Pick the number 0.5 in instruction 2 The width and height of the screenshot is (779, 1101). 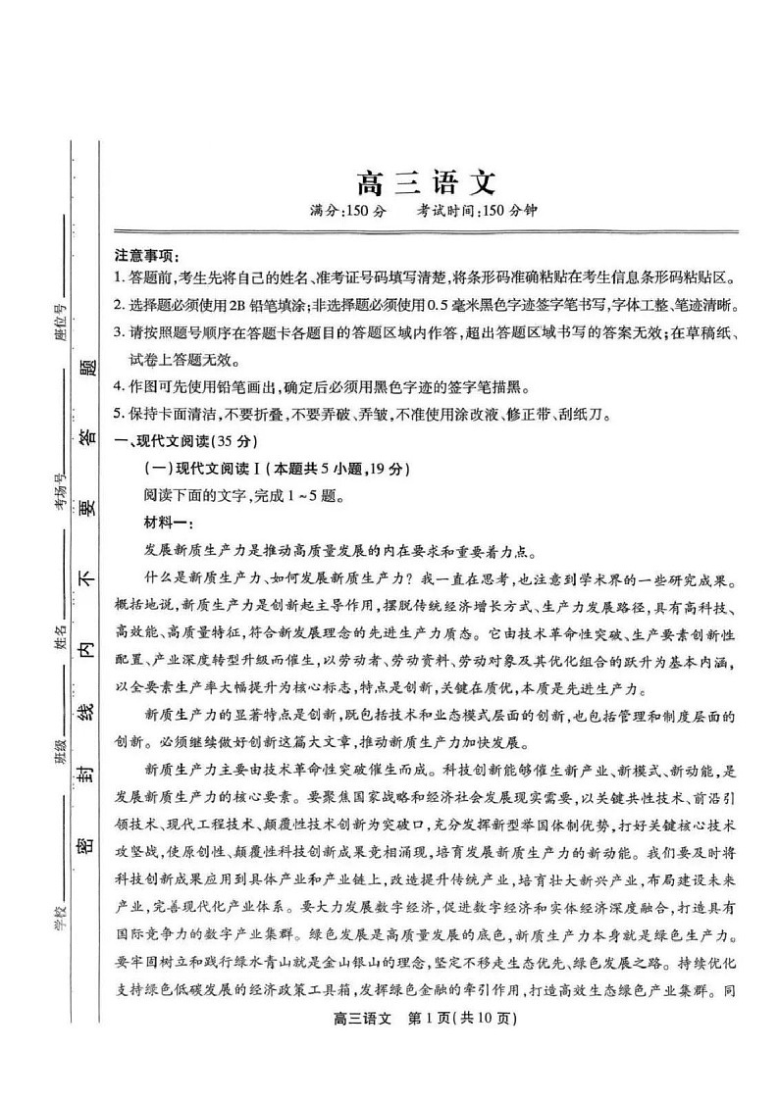(x=449, y=304)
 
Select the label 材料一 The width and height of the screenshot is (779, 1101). (x=169, y=523)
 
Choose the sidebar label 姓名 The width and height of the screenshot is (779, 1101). (x=60, y=638)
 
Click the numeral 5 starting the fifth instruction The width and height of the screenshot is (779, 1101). (x=118, y=415)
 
